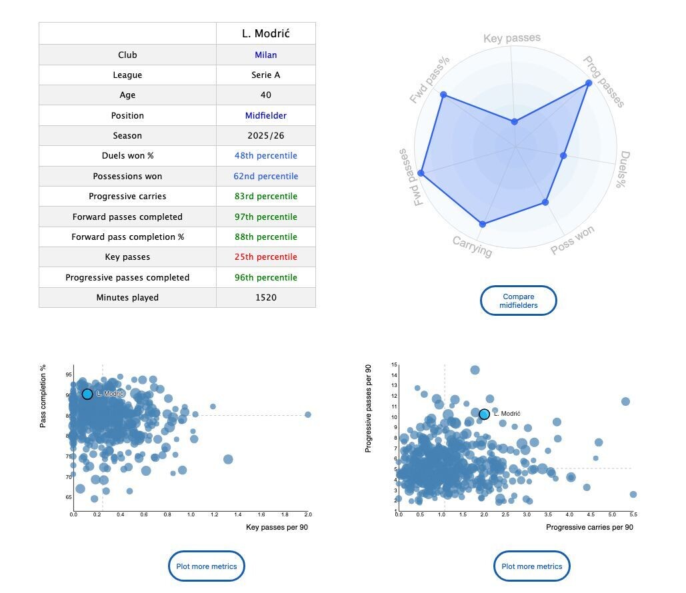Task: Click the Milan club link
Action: [x=265, y=55]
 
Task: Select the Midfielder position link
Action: [x=265, y=115]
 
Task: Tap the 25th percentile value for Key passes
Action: [x=265, y=257]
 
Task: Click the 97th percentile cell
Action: [x=265, y=217]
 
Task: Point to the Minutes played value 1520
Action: [x=265, y=297]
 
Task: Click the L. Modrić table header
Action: [x=265, y=33]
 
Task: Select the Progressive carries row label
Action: [x=127, y=197]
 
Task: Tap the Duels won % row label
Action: [x=127, y=156]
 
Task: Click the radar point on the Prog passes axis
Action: [x=589, y=83]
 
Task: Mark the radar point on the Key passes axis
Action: [x=514, y=122]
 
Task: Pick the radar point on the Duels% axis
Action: [x=563, y=156]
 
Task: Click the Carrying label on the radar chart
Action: [x=472, y=247]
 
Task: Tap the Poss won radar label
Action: [x=573, y=240]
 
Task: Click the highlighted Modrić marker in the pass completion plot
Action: [x=87, y=394]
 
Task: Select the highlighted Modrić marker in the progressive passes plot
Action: [x=484, y=414]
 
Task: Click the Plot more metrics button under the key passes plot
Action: [x=207, y=566]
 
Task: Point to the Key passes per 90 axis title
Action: [x=277, y=528]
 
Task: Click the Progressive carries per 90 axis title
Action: [x=589, y=528]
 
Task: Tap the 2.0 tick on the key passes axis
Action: [x=308, y=514]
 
